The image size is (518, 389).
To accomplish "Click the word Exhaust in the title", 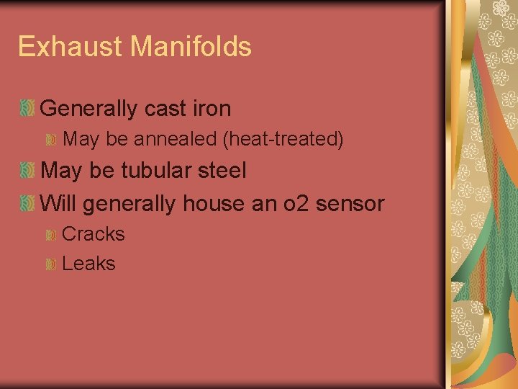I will click(x=70, y=47).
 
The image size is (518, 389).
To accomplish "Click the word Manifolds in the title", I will click(x=191, y=47).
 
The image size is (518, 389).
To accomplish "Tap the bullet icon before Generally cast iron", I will click(x=27, y=109).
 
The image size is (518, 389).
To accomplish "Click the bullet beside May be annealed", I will click(x=51, y=140).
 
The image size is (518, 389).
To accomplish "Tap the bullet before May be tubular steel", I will click(x=27, y=171).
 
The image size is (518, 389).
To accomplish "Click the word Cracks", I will click(x=94, y=234).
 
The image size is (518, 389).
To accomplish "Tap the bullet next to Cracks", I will click(x=51, y=236).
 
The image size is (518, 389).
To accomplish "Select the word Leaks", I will click(x=88, y=264).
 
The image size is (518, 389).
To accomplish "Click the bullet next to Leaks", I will click(x=51, y=265).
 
